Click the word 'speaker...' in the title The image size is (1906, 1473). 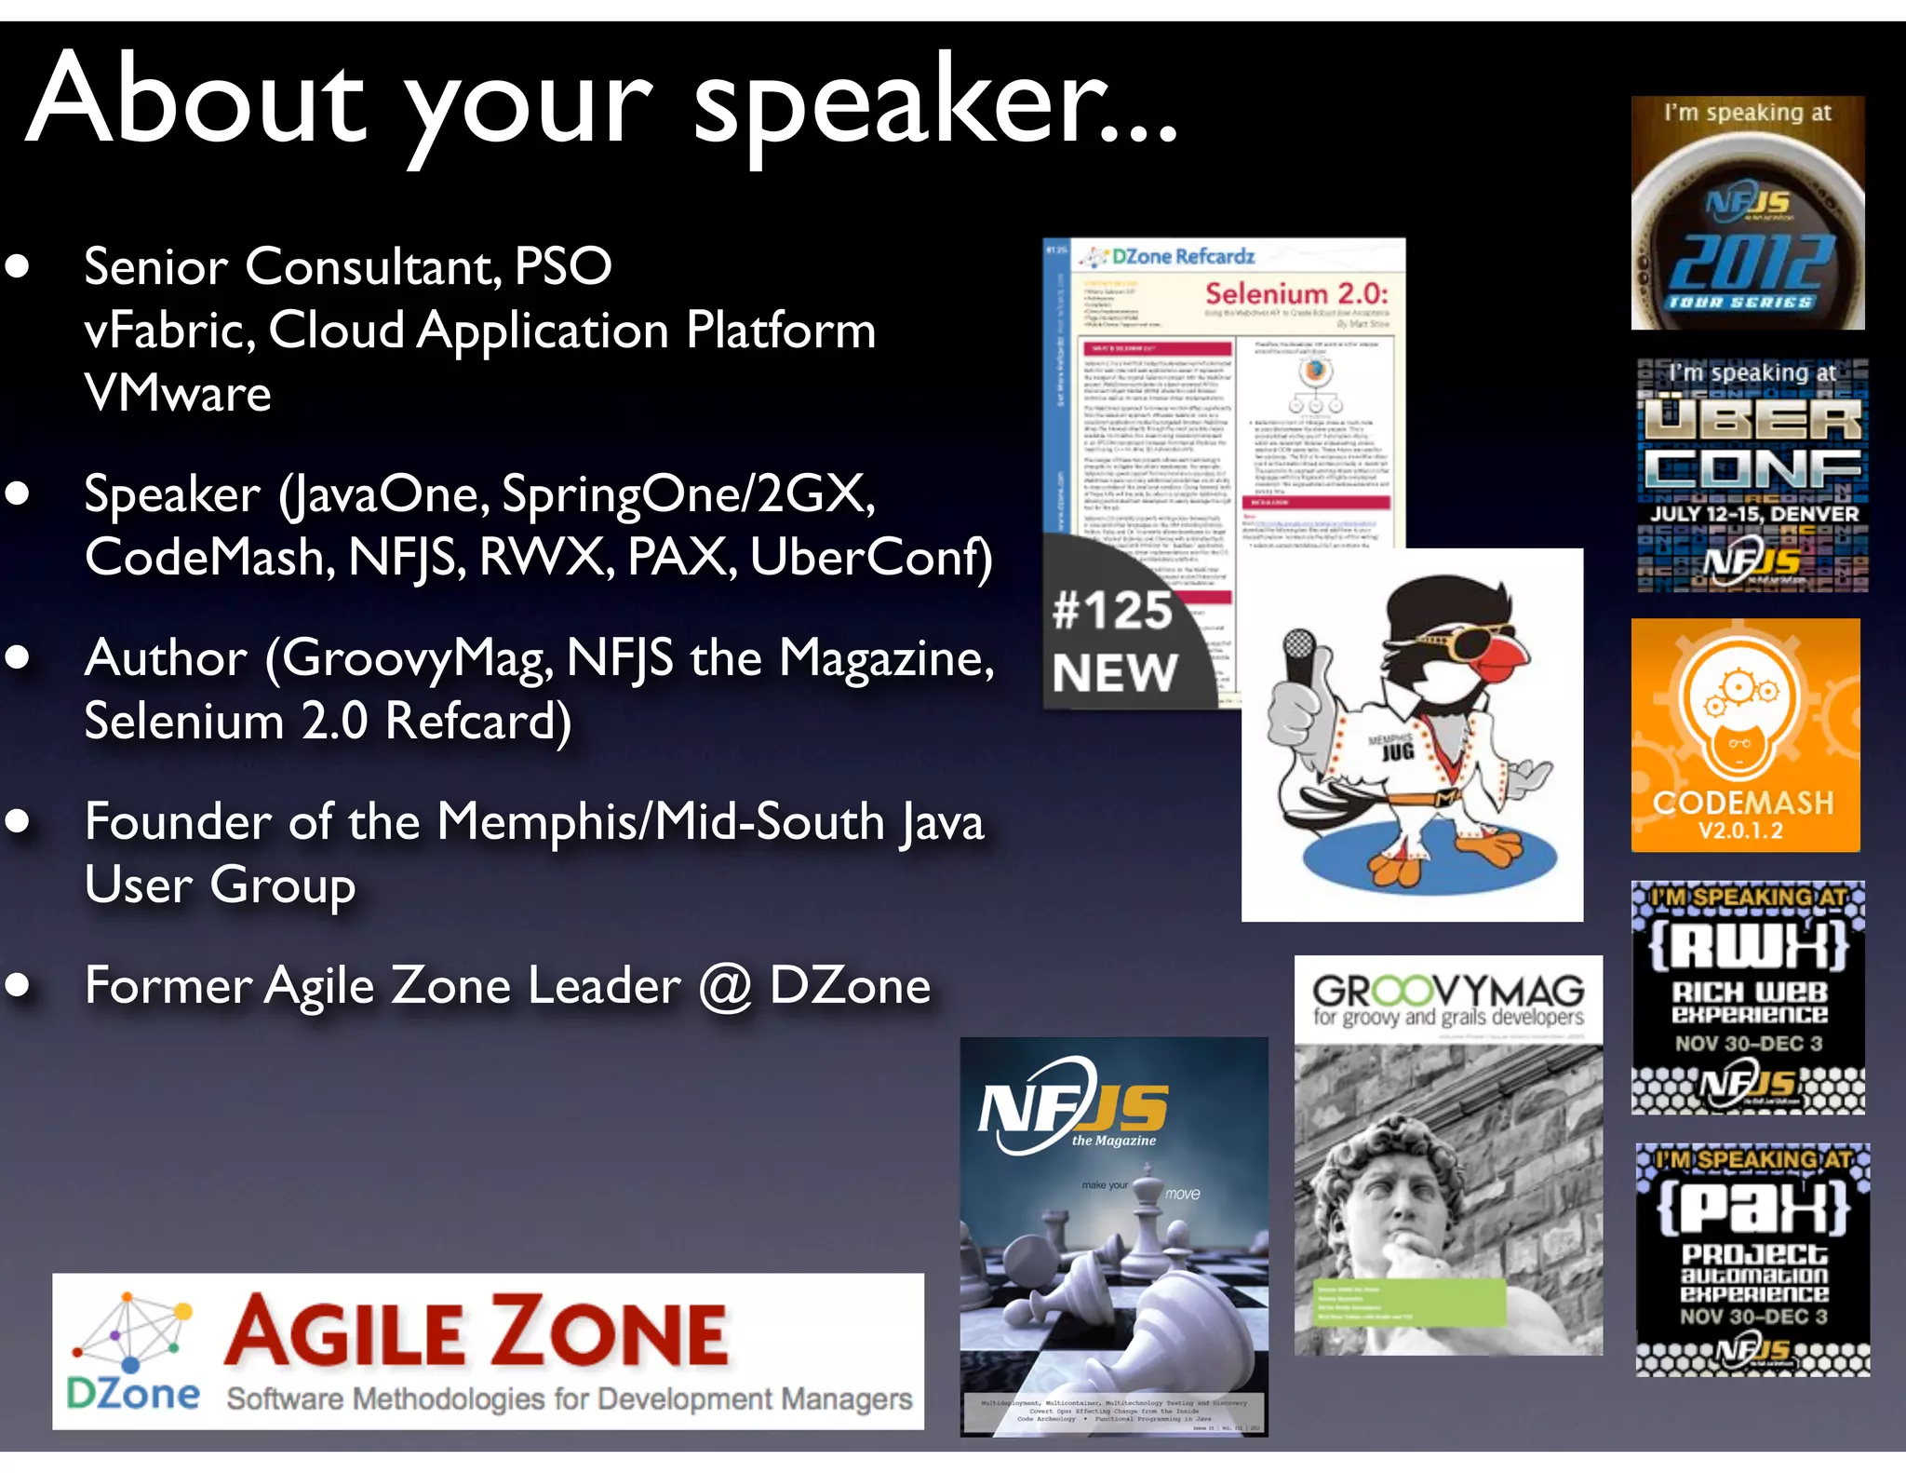click(x=935, y=102)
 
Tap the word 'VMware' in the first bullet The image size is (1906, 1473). click(x=178, y=394)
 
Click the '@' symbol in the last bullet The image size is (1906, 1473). click(x=725, y=987)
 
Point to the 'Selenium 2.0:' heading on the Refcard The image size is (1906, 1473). click(x=1295, y=294)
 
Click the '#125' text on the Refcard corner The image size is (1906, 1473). click(x=1112, y=612)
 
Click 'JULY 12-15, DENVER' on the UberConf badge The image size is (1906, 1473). click(x=1753, y=514)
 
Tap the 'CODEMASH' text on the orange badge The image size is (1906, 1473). click(x=1742, y=803)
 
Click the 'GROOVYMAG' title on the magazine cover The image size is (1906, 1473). click(x=1448, y=990)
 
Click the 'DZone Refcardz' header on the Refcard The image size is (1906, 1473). click(x=1182, y=257)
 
